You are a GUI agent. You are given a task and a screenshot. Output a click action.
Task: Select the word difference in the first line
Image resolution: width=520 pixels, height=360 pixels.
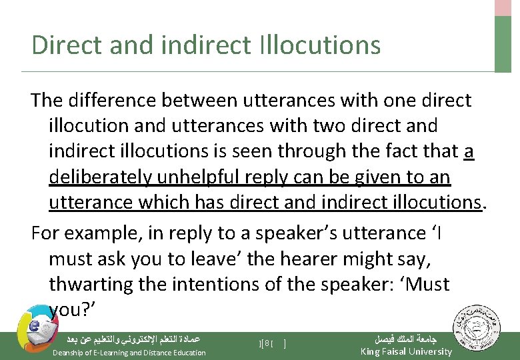coord(116,101)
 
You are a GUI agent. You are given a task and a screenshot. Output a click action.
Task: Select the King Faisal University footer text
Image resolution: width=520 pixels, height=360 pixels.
coord(405,351)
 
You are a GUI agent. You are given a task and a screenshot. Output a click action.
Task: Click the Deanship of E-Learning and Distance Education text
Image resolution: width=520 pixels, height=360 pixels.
coord(129,353)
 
